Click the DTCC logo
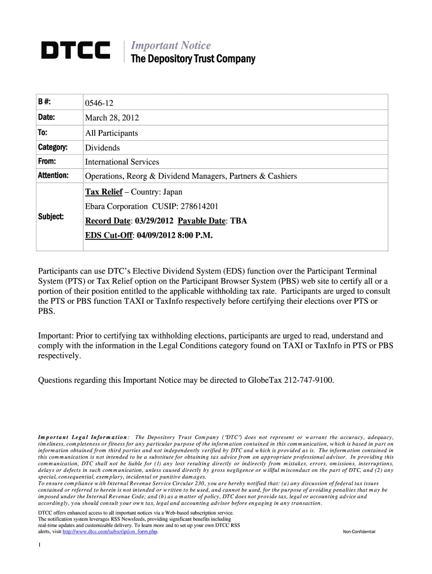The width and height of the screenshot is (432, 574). coord(76,51)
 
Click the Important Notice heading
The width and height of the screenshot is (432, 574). coord(171,45)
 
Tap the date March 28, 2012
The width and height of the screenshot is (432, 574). coord(112,118)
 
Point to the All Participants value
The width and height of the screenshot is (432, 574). coord(111,133)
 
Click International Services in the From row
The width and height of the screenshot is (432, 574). coord(122,161)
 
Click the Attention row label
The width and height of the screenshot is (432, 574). coord(53,176)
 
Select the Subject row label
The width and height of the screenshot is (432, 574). coord(50,216)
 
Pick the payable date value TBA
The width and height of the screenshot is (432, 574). coord(238,221)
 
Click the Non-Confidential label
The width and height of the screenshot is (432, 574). coord(359,531)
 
